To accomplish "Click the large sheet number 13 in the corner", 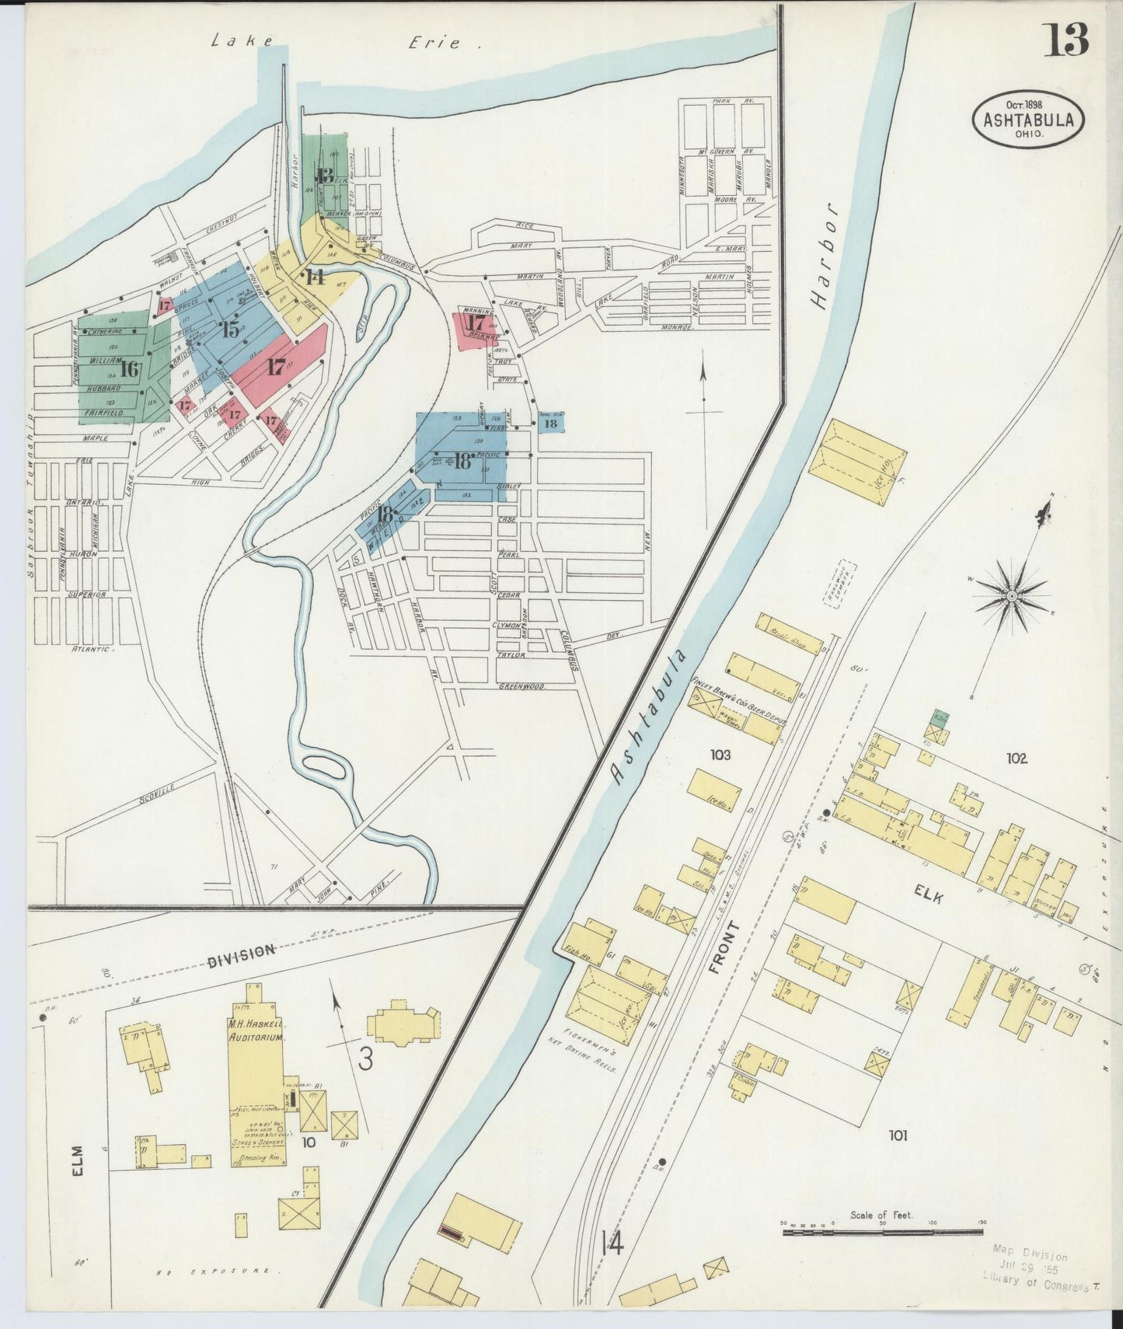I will pyautogui.click(x=1065, y=40).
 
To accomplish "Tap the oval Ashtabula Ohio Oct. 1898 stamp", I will pyautogui.click(x=1028, y=120).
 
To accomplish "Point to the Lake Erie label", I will pyautogui.click(x=346, y=43).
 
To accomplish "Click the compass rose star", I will pyautogui.click(x=1011, y=595).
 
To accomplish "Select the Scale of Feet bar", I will pyautogui.click(x=882, y=1231).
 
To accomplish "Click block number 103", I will pyautogui.click(x=720, y=754).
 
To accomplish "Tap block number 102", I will pyautogui.click(x=1015, y=758).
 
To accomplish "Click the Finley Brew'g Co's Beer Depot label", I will pyautogui.click(x=738, y=702).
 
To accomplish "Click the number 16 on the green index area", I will pyautogui.click(x=129, y=369).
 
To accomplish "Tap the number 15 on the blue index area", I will pyautogui.click(x=230, y=329).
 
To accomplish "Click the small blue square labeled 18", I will pyautogui.click(x=550, y=423).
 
